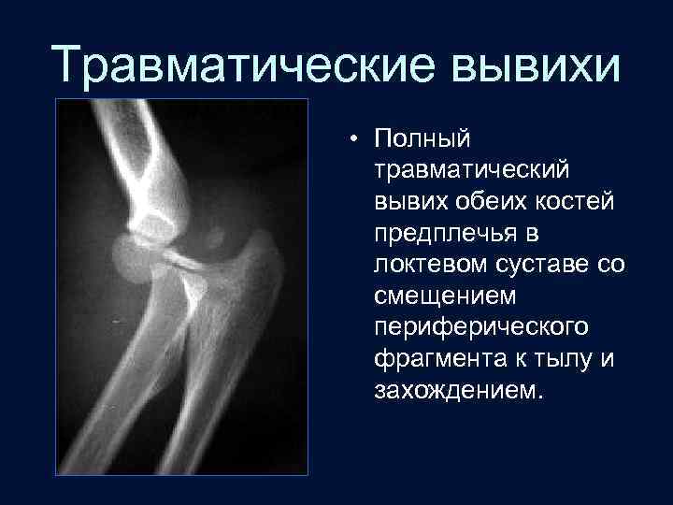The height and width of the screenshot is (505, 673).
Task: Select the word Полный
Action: [x=422, y=139]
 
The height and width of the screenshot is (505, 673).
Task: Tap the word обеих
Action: [x=491, y=201]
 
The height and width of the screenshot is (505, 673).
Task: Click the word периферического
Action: [x=480, y=327]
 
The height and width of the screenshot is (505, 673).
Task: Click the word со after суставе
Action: [x=610, y=265]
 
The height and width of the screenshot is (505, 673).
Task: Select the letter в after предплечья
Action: [x=533, y=233]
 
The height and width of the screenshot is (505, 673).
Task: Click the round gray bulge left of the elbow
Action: [x=130, y=254]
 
